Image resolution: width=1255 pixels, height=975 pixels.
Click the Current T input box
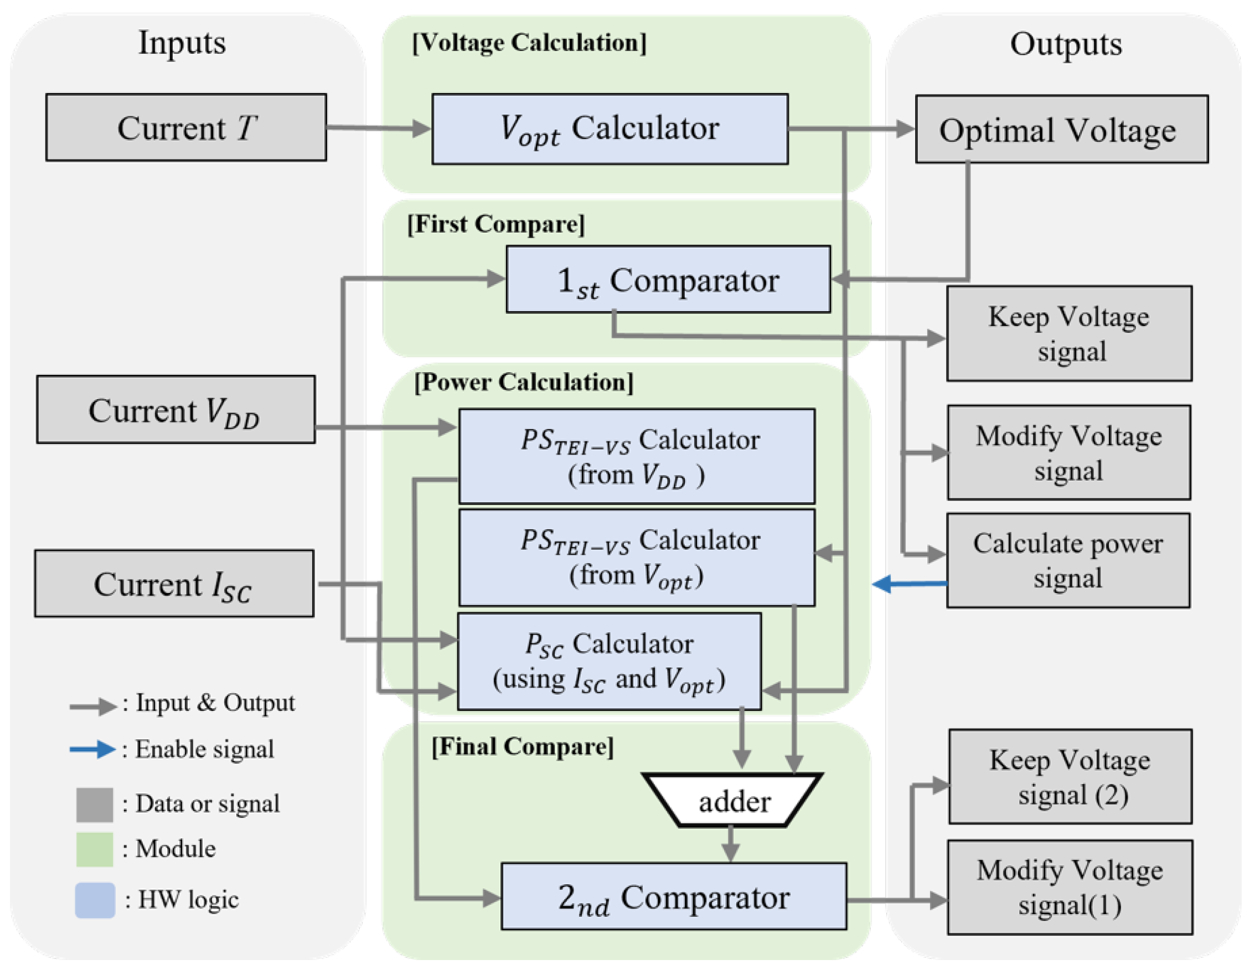pyautogui.click(x=185, y=127)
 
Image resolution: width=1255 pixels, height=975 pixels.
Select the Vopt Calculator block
pyautogui.click(x=610, y=129)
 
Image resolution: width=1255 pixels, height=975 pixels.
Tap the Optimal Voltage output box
pyautogui.click(x=1061, y=129)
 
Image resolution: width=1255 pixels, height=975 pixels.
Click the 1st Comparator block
pyautogui.click(x=668, y=280)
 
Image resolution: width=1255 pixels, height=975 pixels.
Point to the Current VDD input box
pyautogui.click(x=175, y=410)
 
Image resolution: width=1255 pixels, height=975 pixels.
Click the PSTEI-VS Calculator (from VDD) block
pyautogui.click(x=637, y=456)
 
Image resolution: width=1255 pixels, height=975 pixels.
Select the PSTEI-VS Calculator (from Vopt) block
pyautogui.click(x=637, y=558)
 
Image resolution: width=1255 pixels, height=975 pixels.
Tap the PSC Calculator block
pyautogui.click(x=609, y=661)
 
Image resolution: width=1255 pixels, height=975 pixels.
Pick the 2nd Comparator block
pyautogui.click(x=674, y=896)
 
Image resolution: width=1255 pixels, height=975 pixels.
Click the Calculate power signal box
pyautogui.click(x=1068, y=560)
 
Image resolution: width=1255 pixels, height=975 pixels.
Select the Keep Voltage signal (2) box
pyautogui.click(x=1070, y=776)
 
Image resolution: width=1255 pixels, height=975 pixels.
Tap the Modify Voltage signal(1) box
pyautogui.click(x=1070, y=887)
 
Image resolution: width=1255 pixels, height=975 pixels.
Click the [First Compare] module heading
pyautogui.click(x=496, y=224)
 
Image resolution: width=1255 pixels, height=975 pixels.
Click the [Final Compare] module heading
pyautogui.click(x=523, y=746)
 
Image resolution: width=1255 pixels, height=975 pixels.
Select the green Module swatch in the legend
pyautogui.click(x=94, y=849)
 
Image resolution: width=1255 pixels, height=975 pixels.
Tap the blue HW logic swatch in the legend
pyautogui.click(x=95, y=900)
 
